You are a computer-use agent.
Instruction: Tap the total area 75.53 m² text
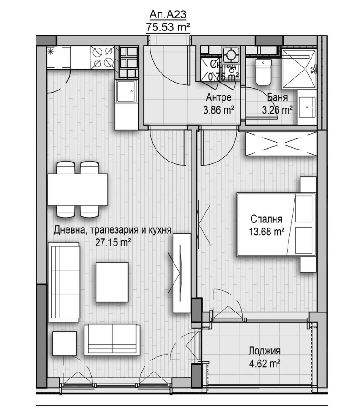click(x=168, y=27)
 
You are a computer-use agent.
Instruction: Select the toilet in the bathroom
click(x=263, y=72)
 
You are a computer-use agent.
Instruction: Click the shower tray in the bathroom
click(x=299, y=69)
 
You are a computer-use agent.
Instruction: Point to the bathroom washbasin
click(x=306, y=106)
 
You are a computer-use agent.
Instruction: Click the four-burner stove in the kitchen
click(x=103, y=57)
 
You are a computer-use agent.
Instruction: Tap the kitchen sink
click(x=127, y=91)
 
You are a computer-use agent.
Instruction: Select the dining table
click(x=78, y=190)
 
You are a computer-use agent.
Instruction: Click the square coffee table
click(x=112, y=282)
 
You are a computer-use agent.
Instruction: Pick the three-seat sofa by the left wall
click(x=64, y=282)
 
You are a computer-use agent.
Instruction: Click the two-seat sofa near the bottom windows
click(x=112, y=340)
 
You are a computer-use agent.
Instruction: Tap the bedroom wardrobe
click(x=281, y=144)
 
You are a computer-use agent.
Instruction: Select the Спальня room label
click(x=266, y=219)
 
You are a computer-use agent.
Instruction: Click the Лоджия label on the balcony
click(x=264, y=351)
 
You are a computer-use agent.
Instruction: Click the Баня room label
click(x=277, y=97)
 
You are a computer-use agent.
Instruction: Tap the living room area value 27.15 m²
click(x=113, y=242)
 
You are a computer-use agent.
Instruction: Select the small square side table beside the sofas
click(x=64, y=343)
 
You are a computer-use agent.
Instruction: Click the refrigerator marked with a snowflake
click(x=59, y=57)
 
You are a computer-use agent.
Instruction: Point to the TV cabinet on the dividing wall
click(x=181, y=273)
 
